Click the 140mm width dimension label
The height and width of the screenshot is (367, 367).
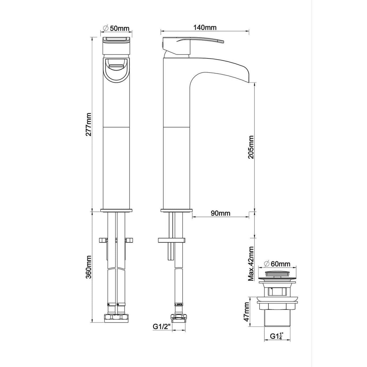[205, 28]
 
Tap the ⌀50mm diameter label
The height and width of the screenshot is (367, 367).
[116, 28]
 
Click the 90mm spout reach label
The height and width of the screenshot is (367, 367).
[221, 213]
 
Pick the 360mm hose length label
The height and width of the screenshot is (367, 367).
[89, 267]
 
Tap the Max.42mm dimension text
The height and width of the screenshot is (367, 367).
[251, 264]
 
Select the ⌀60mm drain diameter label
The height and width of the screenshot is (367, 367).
[277, 264]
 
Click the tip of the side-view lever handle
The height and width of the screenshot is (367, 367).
[223, 41]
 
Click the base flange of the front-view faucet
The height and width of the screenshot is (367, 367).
[116, 210]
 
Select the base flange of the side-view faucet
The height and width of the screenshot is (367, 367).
[176, 210]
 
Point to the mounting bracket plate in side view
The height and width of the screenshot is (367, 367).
[172, 240]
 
